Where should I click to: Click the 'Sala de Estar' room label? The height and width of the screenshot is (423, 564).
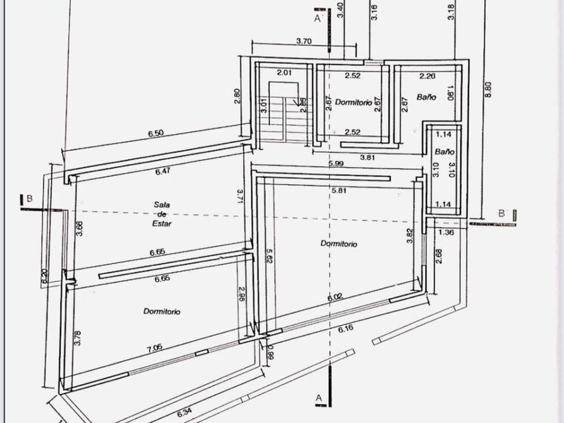click(x=159, y=216)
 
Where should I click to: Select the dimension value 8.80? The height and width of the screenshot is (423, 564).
click(x=488, y=90)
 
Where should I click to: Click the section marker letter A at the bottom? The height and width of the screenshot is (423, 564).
click(x=319, y=399)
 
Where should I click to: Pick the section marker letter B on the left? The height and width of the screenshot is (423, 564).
click(x=29, y=198)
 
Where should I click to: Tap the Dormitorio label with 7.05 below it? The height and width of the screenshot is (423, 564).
click(x=162, y=311)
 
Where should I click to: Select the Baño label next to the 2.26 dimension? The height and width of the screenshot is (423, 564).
click(x=426, y=97)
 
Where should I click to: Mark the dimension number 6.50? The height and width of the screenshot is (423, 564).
click(x=155, y=133)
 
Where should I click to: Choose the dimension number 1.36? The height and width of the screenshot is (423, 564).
click(x=446, y=232)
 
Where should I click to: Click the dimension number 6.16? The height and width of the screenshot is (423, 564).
click(x=346, y=328)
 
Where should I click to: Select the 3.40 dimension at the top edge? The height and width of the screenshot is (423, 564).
click(x=340, y=9)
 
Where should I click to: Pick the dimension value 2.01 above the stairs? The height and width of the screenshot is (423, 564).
click(x=285, y=73)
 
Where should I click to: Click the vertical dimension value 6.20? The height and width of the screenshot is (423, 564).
click(x=45, y=277)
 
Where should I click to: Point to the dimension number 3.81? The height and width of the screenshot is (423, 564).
click(x=367, y=157)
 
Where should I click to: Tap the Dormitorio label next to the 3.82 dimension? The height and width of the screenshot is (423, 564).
click(x=338, y=244)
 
